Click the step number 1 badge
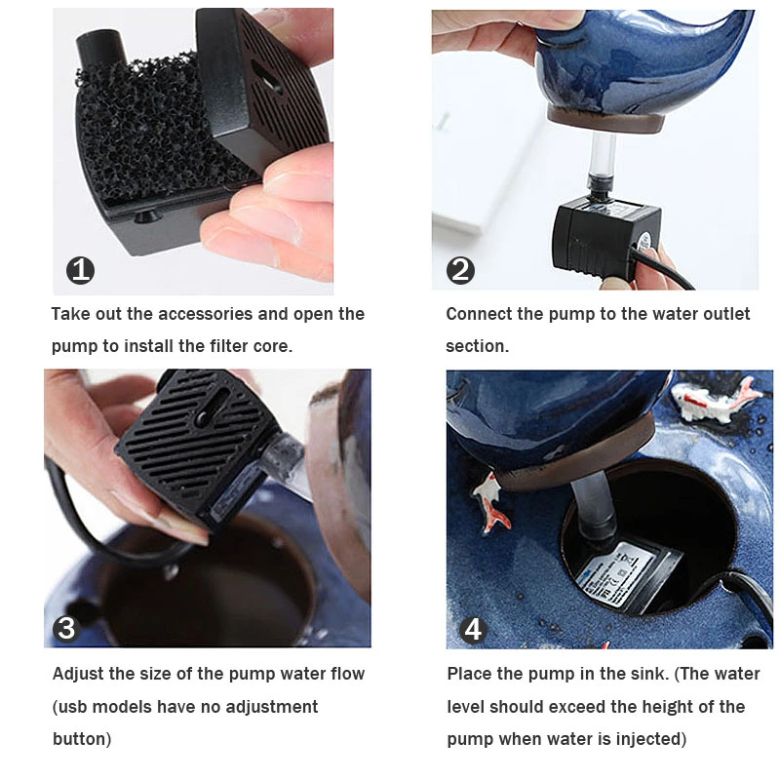tap(80, 271)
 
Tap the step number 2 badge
tap(460, 271)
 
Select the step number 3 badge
tap(66, 628)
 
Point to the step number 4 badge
tap(472, 630)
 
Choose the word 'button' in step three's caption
tap(80, 739)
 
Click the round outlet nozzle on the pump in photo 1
tap(100, 48)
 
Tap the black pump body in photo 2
tap(605, 239)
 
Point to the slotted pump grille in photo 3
tap(188, 437)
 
